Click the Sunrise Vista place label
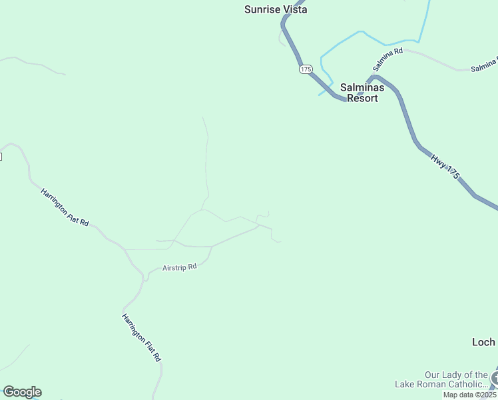[276, 9]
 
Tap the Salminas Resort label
[359, 93]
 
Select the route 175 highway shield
[306, 69]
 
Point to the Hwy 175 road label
[445, 167]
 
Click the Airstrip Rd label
[180, 268]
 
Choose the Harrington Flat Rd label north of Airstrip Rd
[65, 207]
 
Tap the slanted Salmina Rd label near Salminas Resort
[388, 59]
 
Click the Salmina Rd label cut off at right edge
[484, 65]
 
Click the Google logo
[22, 392]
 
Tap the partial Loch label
[483, 342]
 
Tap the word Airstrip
[174, 269]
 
